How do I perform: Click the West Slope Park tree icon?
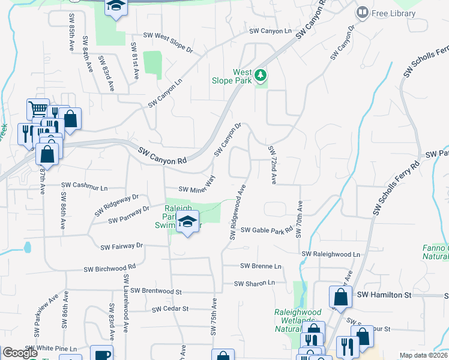261,75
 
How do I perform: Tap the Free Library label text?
394,13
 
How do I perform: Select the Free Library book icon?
363,12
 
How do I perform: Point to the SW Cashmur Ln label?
83,187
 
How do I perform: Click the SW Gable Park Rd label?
267,230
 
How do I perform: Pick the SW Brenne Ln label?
261,266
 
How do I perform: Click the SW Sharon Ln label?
255,283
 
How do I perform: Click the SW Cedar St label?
170,309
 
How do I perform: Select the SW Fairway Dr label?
122,246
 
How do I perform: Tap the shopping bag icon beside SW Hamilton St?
340,296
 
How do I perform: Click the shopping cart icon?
38,109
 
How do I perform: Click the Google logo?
20,353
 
